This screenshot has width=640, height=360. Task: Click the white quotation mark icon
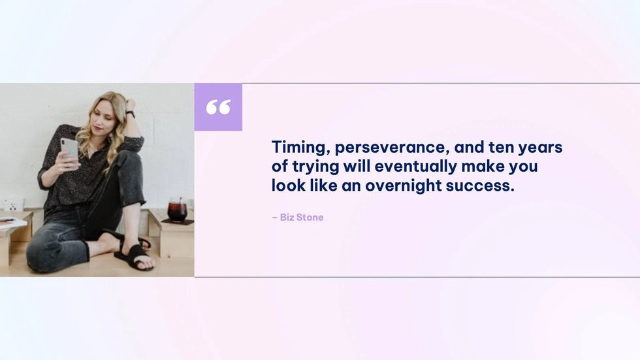[x=218, y=107]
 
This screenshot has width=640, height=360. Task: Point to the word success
[x=480, y=186]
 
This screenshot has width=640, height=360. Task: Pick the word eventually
[x=415, y=167]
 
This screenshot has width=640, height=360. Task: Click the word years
[x=541, y=148]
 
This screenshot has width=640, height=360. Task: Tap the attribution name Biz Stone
[x=302, y=217]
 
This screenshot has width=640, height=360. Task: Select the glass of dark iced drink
[x=178, y=209]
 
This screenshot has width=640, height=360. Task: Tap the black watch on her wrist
[x=131, y=114]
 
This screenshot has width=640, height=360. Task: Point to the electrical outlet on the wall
[x=13, y=205]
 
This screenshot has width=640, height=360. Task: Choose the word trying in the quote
[x=315, y=167]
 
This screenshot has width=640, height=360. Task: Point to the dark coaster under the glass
[x=177, y=221]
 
